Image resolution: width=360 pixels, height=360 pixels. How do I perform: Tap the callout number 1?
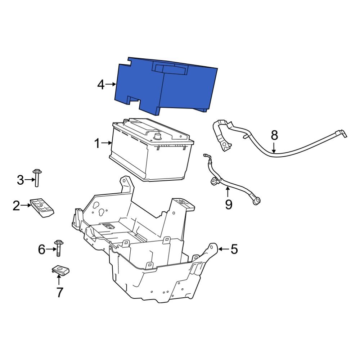click(x=96, y=144)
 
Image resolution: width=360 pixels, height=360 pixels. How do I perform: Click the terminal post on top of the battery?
click(x=157, y=136)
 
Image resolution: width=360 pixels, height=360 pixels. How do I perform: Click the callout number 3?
click(x=21, y=180)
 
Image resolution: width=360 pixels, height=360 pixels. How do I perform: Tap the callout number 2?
click(x=16, y=206)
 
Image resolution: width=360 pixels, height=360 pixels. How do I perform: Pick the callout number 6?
click(x=42, y=249)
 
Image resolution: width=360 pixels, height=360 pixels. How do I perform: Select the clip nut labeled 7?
click(x=60, y=271)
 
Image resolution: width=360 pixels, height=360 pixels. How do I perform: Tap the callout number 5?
click(x=234, y=249)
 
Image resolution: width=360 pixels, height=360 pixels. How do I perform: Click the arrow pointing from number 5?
click(x=223, y=249)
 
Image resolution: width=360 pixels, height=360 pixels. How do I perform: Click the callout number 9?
click(x=228, y=204)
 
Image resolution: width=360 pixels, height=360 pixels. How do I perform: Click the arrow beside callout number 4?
click(x=111, y=85)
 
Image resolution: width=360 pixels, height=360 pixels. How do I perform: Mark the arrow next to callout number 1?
click(x=107, y=144)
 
